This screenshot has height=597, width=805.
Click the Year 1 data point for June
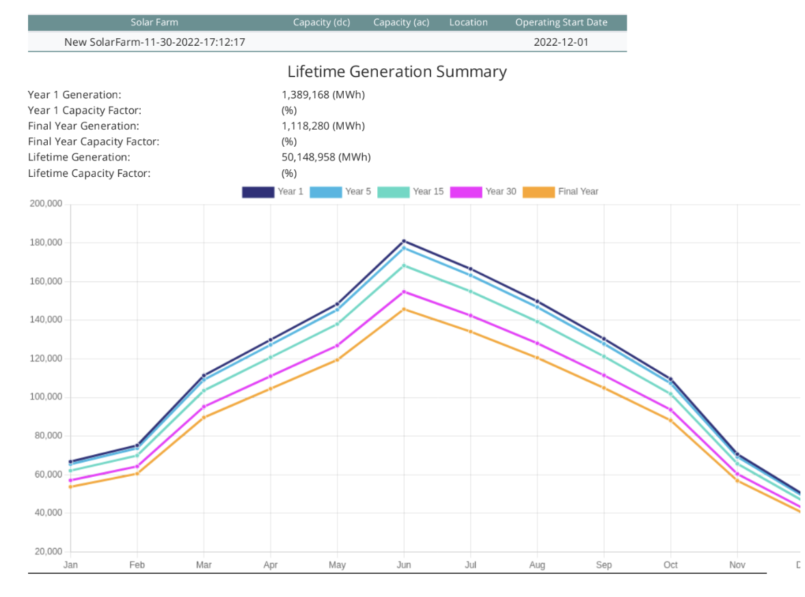tap(404, 241)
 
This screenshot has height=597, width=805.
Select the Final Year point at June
tap(404, 309)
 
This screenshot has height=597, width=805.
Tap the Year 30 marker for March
tap(204, 406)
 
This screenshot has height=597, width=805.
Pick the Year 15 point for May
tap(337, 324)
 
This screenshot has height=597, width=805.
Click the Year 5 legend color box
tap(326, 192)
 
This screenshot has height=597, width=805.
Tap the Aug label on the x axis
tap(537, 565)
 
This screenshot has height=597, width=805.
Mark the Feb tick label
tap(137, 565)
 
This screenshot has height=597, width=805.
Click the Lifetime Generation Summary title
tap(397, 72)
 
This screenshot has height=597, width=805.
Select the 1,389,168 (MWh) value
tap(323, 95)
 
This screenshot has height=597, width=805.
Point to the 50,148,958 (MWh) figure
tap(326, 157)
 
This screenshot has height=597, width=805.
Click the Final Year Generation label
tap(83, 126)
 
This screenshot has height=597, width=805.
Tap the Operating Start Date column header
tap(561, 23)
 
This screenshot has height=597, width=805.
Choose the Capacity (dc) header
tap(321, 23)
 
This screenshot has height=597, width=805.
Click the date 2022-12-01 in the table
tap(561, 42)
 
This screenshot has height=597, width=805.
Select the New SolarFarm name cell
tap(154, 42)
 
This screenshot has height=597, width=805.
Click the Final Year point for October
tap(670, 420)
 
